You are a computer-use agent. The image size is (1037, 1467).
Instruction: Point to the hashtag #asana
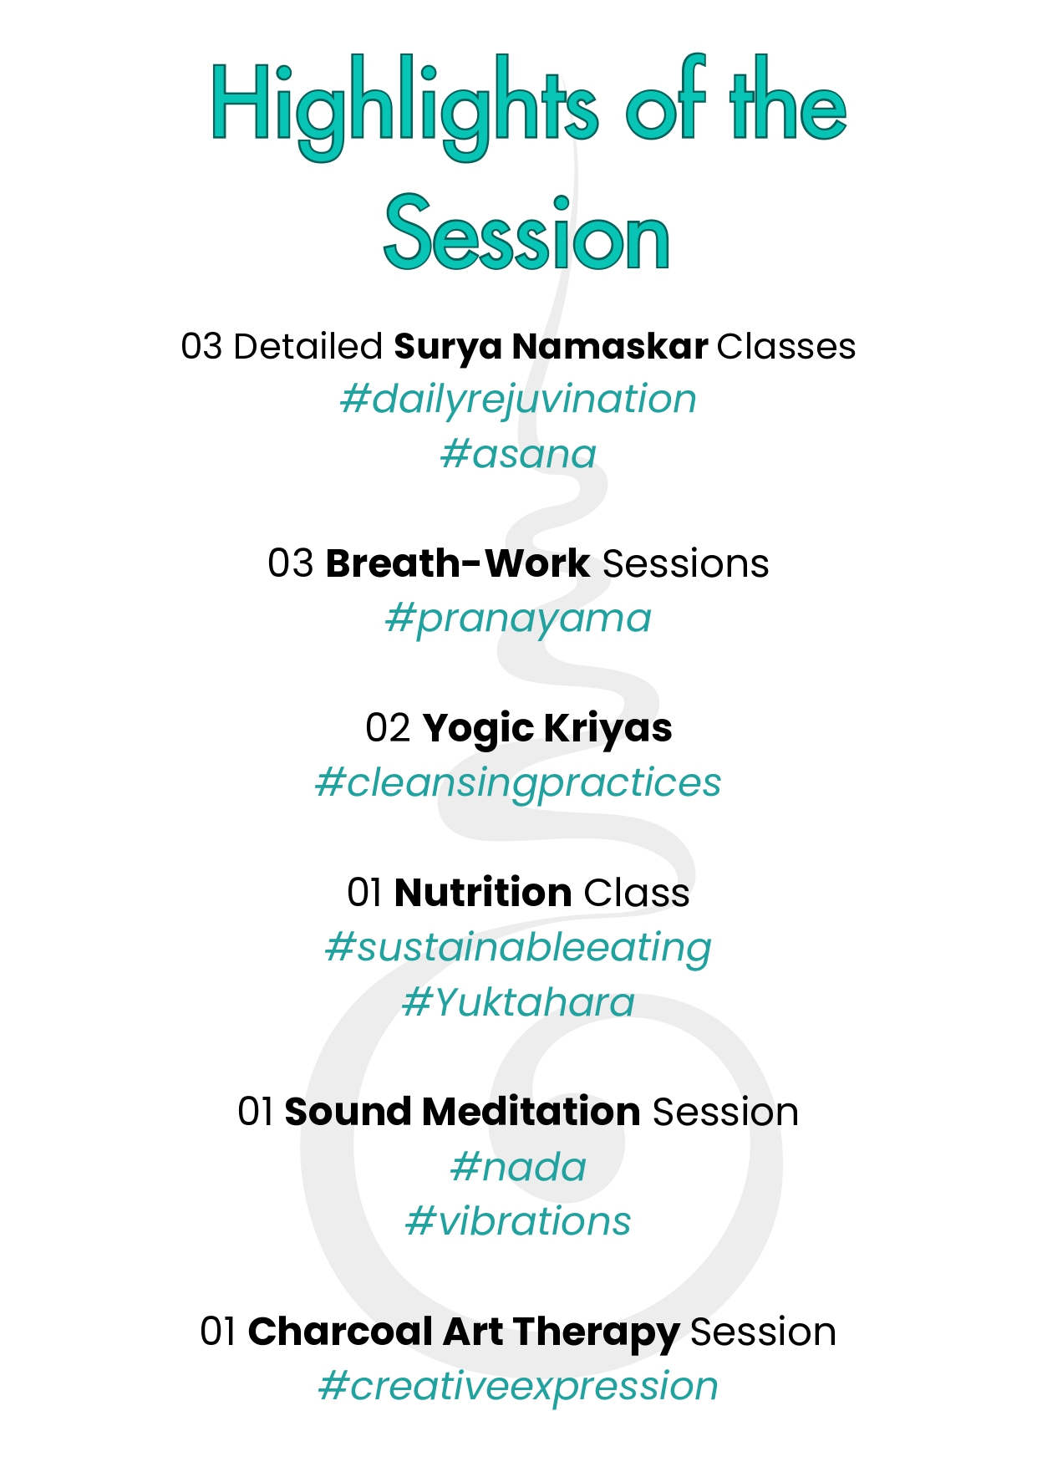[x=518, y=455]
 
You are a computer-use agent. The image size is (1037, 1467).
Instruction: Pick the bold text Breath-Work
[x=458, y=563]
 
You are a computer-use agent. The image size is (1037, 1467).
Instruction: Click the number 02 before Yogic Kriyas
[x=388, y=728]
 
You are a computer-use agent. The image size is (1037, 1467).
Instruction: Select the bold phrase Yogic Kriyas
[x=547, y=729]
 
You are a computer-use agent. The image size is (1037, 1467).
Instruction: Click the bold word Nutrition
[x=483, y=893]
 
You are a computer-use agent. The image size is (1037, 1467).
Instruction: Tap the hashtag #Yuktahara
[x=518, y=1002]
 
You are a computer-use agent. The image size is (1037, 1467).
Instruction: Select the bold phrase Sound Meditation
[x=462, y=1112]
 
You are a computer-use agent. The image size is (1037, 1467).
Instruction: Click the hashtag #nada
[x=518, y=1167]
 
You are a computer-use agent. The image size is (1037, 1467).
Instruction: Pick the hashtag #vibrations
[x=518, y=1221]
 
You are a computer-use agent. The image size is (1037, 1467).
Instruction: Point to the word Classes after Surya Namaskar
[x=786, y=347]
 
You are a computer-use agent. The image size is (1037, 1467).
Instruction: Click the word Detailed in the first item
[x=308, y=347]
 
